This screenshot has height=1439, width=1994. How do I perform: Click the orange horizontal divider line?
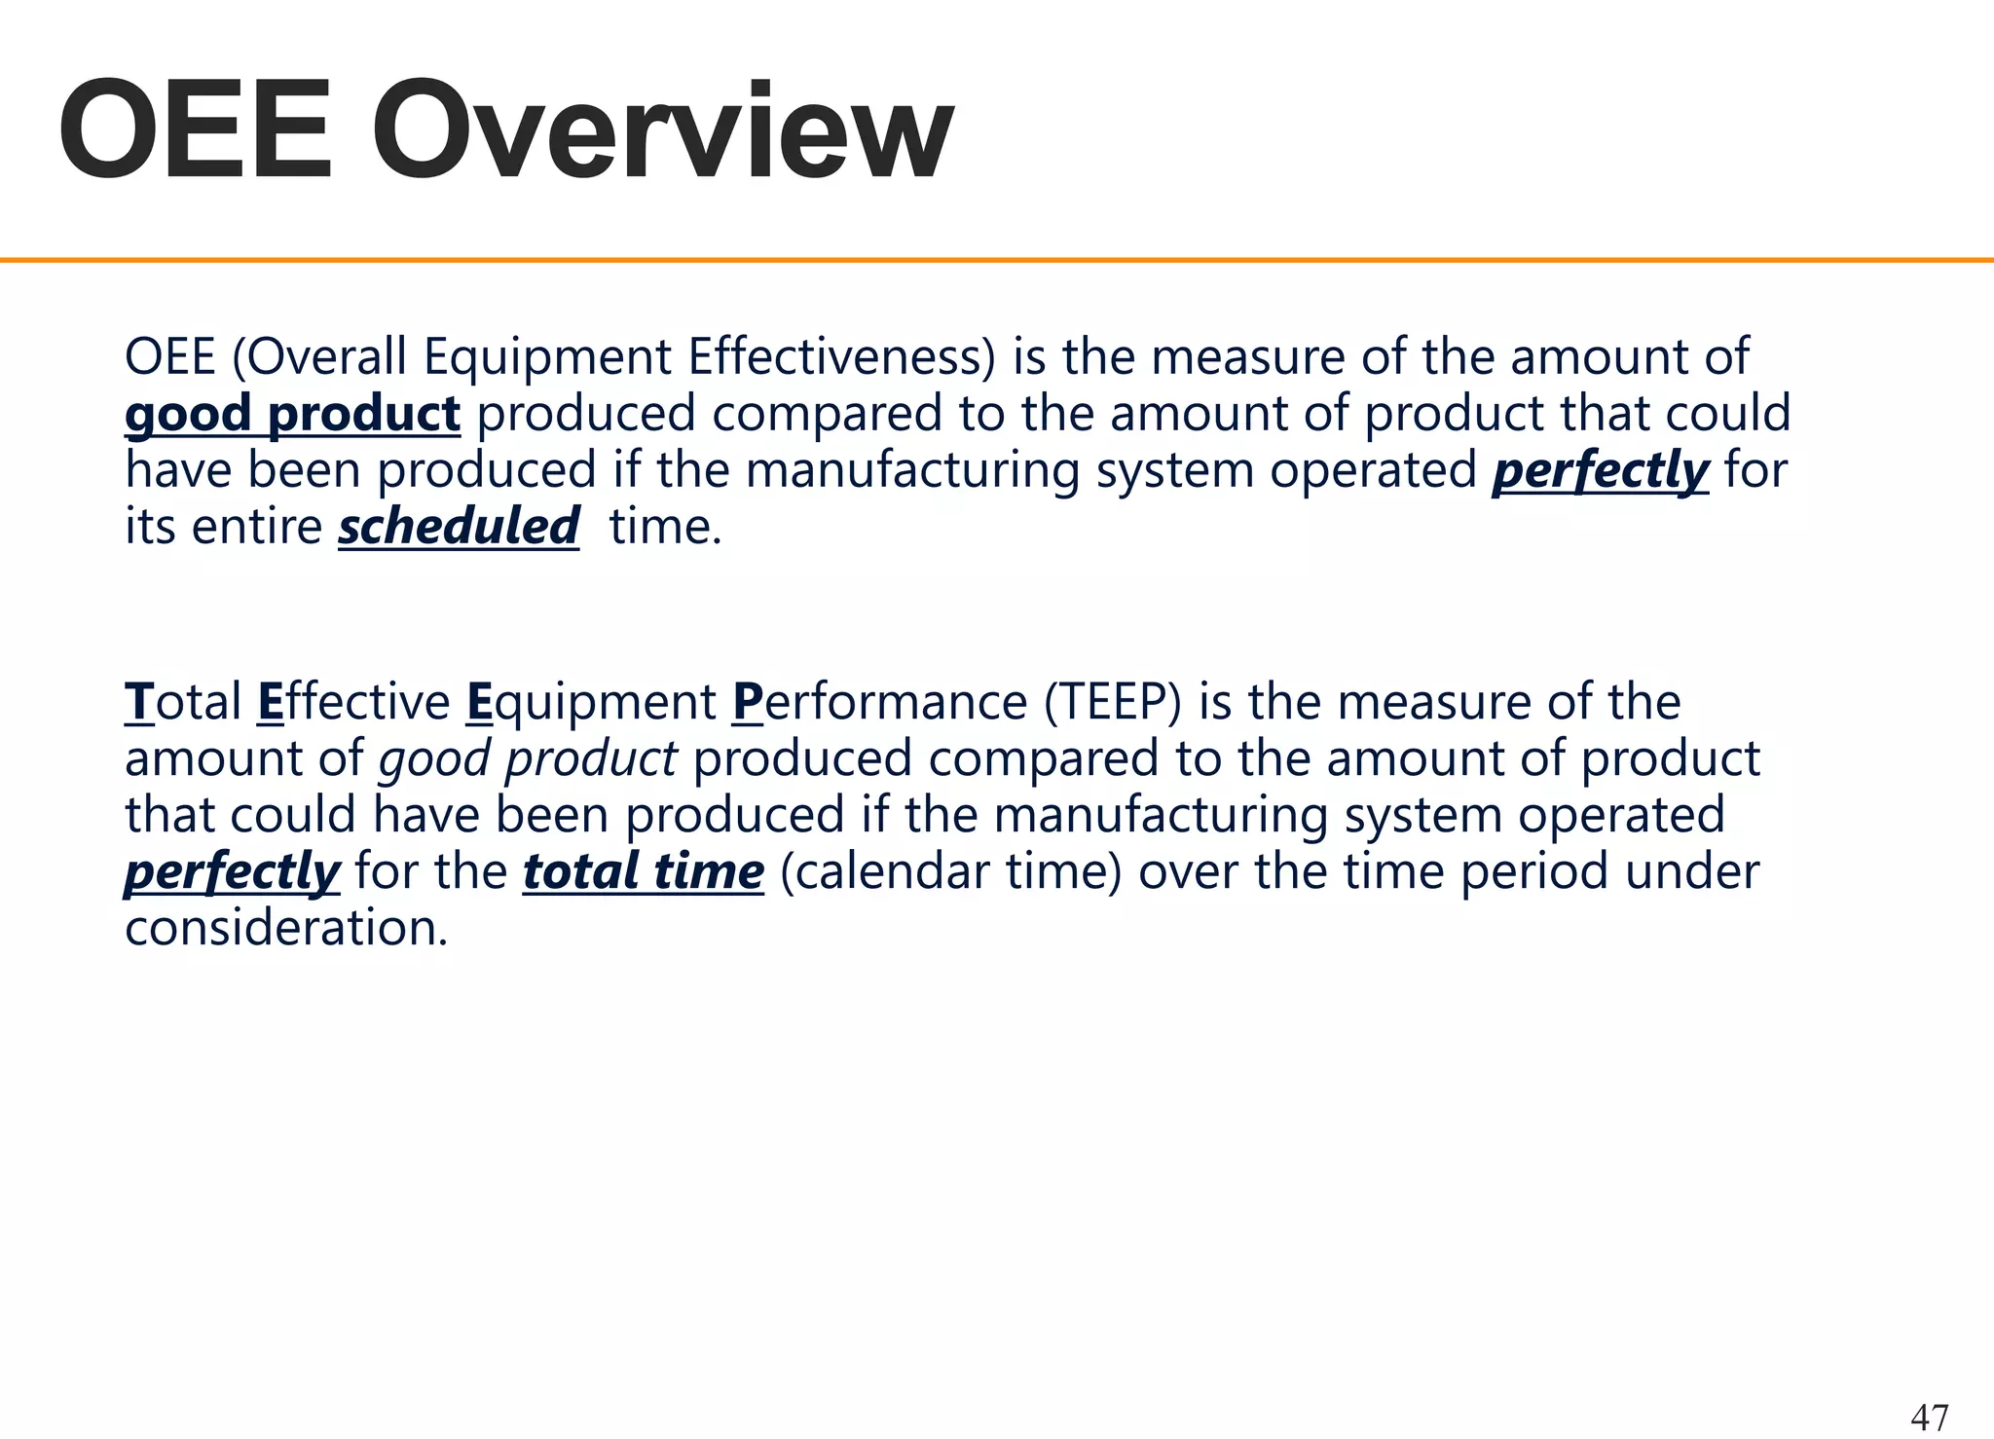coord(997,260)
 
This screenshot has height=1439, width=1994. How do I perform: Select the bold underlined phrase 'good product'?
coord(292,414)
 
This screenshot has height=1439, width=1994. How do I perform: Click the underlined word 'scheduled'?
coord(459,527)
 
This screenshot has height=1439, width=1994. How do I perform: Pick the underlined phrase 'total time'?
coord(644,871)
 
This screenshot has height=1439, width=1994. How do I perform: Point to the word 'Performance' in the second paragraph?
coord(879,702)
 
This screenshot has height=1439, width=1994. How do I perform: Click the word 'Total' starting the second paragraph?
coord(183,702)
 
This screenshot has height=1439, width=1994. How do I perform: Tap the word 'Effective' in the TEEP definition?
coord(354,702)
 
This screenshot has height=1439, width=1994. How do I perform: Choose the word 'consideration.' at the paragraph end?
coord(286,928)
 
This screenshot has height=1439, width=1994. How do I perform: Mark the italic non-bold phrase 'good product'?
coord(528,758)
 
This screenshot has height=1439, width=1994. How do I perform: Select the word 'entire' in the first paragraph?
coord(257,527)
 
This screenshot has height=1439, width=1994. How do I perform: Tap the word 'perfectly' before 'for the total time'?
coord(232,871)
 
